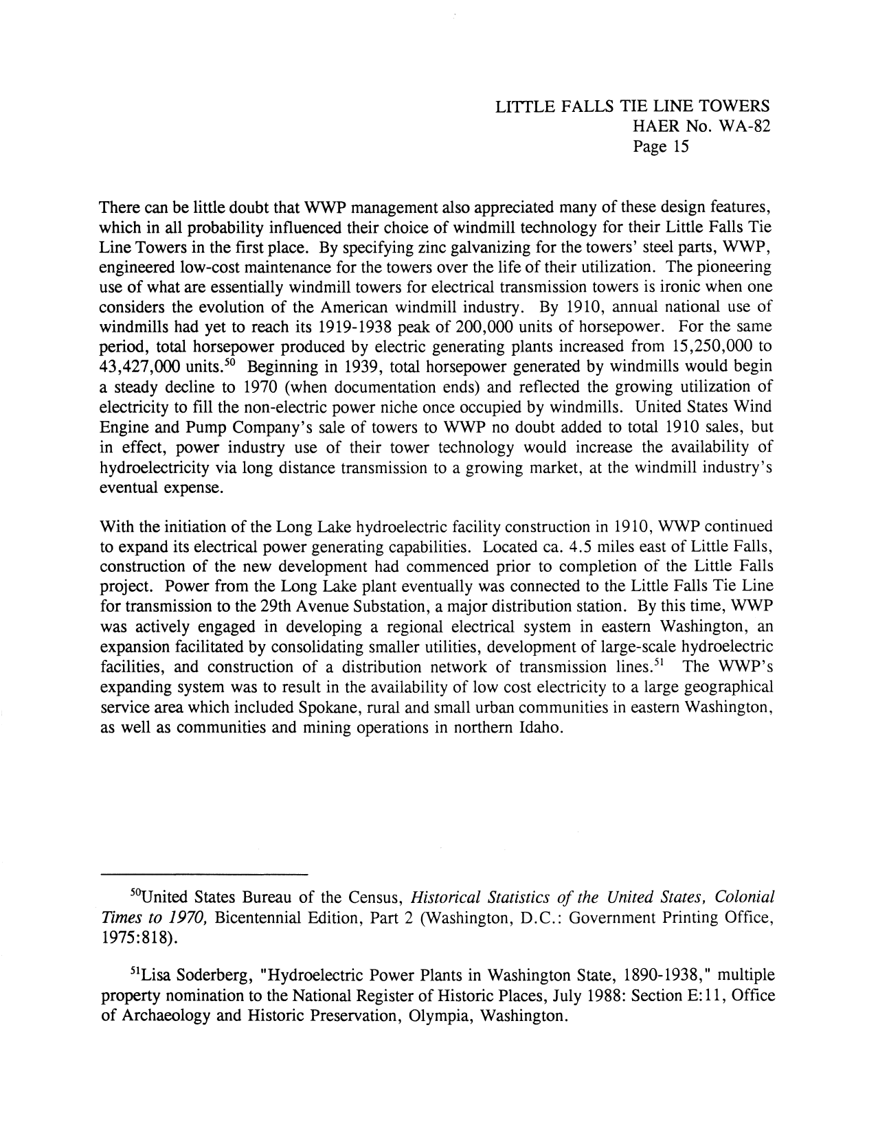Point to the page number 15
point(677,146)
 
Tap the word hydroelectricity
point(155,468)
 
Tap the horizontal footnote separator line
point(204,875)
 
